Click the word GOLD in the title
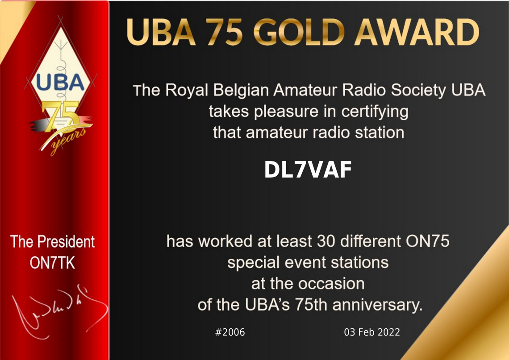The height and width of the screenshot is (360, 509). click(299, 32)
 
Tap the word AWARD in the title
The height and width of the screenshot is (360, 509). click(417, 32)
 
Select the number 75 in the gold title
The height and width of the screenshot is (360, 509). click(224, 32)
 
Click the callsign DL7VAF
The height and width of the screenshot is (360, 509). click(308, 170)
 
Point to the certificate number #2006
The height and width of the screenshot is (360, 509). click(230, 332)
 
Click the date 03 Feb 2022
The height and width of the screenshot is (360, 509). click(372, 332)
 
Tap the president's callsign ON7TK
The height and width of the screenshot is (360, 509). click(52, 263)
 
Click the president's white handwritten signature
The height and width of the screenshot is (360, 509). click(58, 311)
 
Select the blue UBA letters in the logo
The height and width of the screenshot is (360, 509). click(60, 82)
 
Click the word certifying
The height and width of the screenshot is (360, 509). click(375, 112)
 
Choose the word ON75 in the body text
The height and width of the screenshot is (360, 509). click(428, 241)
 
